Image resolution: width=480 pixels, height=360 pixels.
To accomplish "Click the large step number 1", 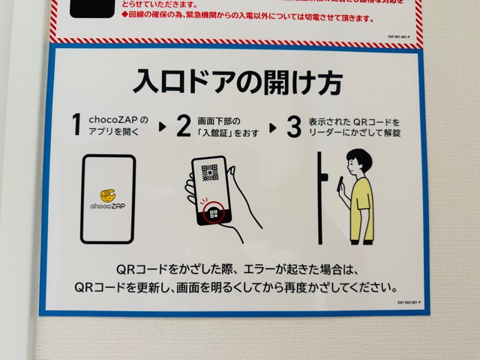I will [x=76, y=125].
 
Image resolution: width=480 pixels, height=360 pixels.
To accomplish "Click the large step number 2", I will [x=184, y=126].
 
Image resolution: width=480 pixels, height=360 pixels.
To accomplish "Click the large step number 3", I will [x=294, y=126].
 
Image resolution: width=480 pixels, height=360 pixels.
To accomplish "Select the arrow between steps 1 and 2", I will [x=162, y=127].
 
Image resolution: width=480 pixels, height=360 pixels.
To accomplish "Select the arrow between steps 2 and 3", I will [x=272, y=127].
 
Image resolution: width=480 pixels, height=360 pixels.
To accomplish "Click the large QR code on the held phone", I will [x=210, y=175].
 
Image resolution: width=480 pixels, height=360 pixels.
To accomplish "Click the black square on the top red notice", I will [x=91, y=9].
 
